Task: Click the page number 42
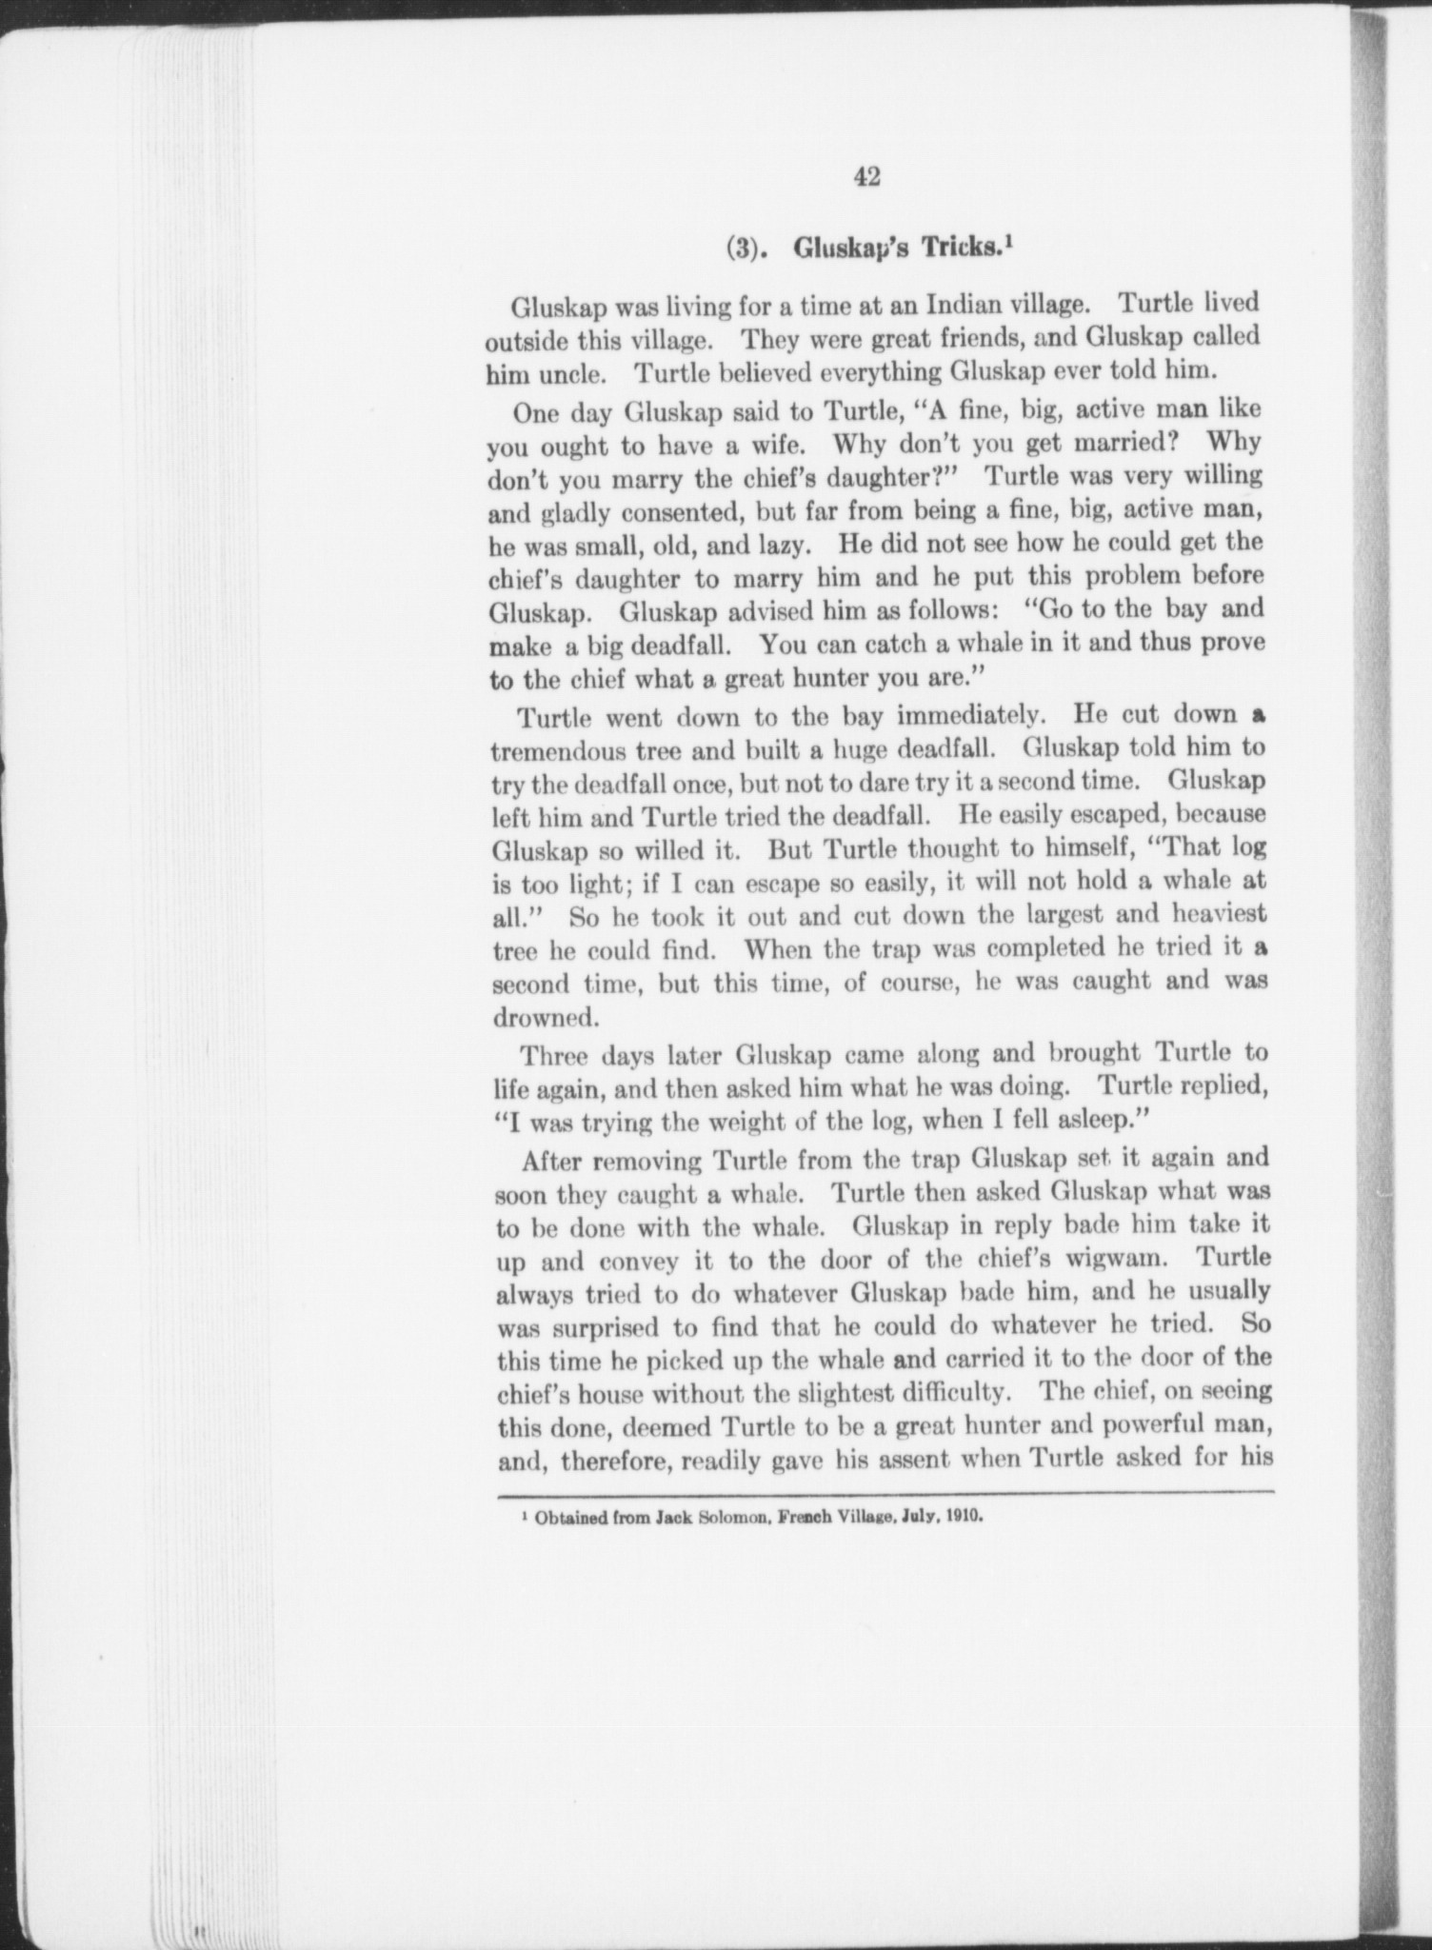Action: tap(866, 176)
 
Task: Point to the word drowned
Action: tap(546, 1017)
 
